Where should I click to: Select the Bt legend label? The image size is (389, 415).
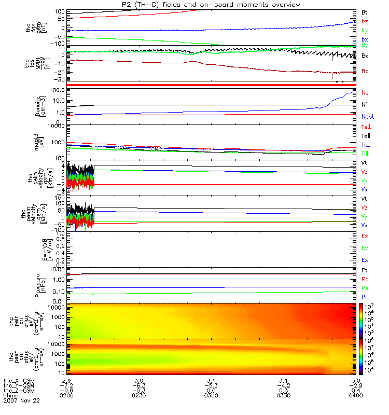coord(365,11)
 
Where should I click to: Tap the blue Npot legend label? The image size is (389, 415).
coord(367,117)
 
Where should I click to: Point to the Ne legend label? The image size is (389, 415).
coord(365,93)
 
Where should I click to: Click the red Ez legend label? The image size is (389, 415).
coord(365,236)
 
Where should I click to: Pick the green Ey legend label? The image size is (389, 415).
coord(365,248)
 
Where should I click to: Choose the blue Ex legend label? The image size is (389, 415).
coord(365,260)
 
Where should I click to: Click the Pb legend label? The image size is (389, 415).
coord(365,279)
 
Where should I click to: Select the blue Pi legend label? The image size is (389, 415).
coord(365,296)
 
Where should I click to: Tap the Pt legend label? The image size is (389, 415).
coord(365,271)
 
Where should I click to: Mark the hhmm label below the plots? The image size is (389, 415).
coord(12,396)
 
